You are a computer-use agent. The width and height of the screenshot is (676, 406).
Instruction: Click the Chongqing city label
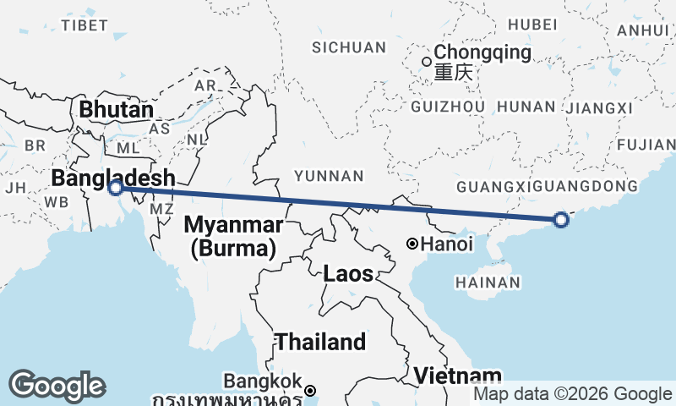[483, 53]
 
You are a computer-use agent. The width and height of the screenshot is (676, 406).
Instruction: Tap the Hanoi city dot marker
[412, 244]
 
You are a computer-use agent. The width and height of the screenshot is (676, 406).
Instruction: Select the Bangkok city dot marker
[311, 391]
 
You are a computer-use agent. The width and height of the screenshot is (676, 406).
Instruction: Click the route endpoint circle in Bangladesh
[116, 187]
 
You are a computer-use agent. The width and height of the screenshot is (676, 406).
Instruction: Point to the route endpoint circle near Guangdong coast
[561, 220]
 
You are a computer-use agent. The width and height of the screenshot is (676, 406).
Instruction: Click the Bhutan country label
[117, 110]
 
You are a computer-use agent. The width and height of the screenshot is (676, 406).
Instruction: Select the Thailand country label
[321, 342]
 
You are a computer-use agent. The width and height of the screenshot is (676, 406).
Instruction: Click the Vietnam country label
[458, 375]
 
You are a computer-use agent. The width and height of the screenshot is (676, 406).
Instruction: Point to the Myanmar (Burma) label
[232, 237]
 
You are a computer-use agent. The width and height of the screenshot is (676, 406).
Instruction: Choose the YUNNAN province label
[329, 176]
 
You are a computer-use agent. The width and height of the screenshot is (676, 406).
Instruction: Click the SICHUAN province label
[348, 47]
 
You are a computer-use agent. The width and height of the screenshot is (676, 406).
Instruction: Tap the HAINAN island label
[486, 282]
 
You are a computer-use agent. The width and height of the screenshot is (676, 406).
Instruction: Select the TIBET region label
[84, 25]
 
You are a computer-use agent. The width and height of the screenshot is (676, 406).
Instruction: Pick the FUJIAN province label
[647, 145]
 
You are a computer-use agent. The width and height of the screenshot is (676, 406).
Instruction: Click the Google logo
[57, 385]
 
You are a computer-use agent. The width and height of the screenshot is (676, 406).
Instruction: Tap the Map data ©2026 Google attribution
[572, 394]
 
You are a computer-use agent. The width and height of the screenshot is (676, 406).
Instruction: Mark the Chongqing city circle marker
[427, 61]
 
